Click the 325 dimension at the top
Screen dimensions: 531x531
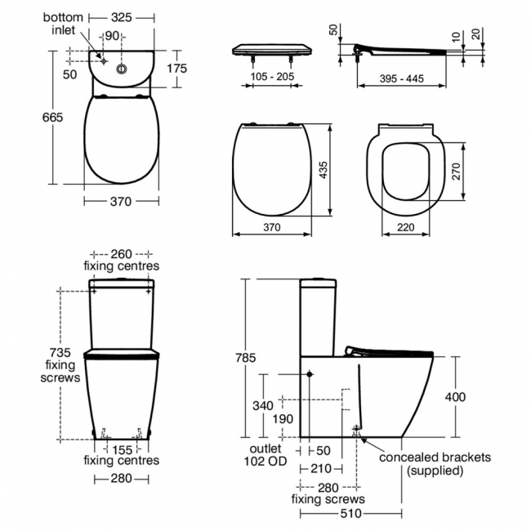(121, 18)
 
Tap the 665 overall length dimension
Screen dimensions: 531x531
(52, 117)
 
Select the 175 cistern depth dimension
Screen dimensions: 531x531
(176, 69)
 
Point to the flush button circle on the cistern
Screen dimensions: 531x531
(121, 69)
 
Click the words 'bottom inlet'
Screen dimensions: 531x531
(63, 24)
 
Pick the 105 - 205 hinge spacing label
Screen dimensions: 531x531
(272, 77)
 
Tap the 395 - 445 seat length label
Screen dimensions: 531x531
(402, 79)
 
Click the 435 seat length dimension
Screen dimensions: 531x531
(324, 170)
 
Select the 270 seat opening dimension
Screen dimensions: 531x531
(456, 172)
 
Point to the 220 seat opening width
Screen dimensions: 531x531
(406, 227)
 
